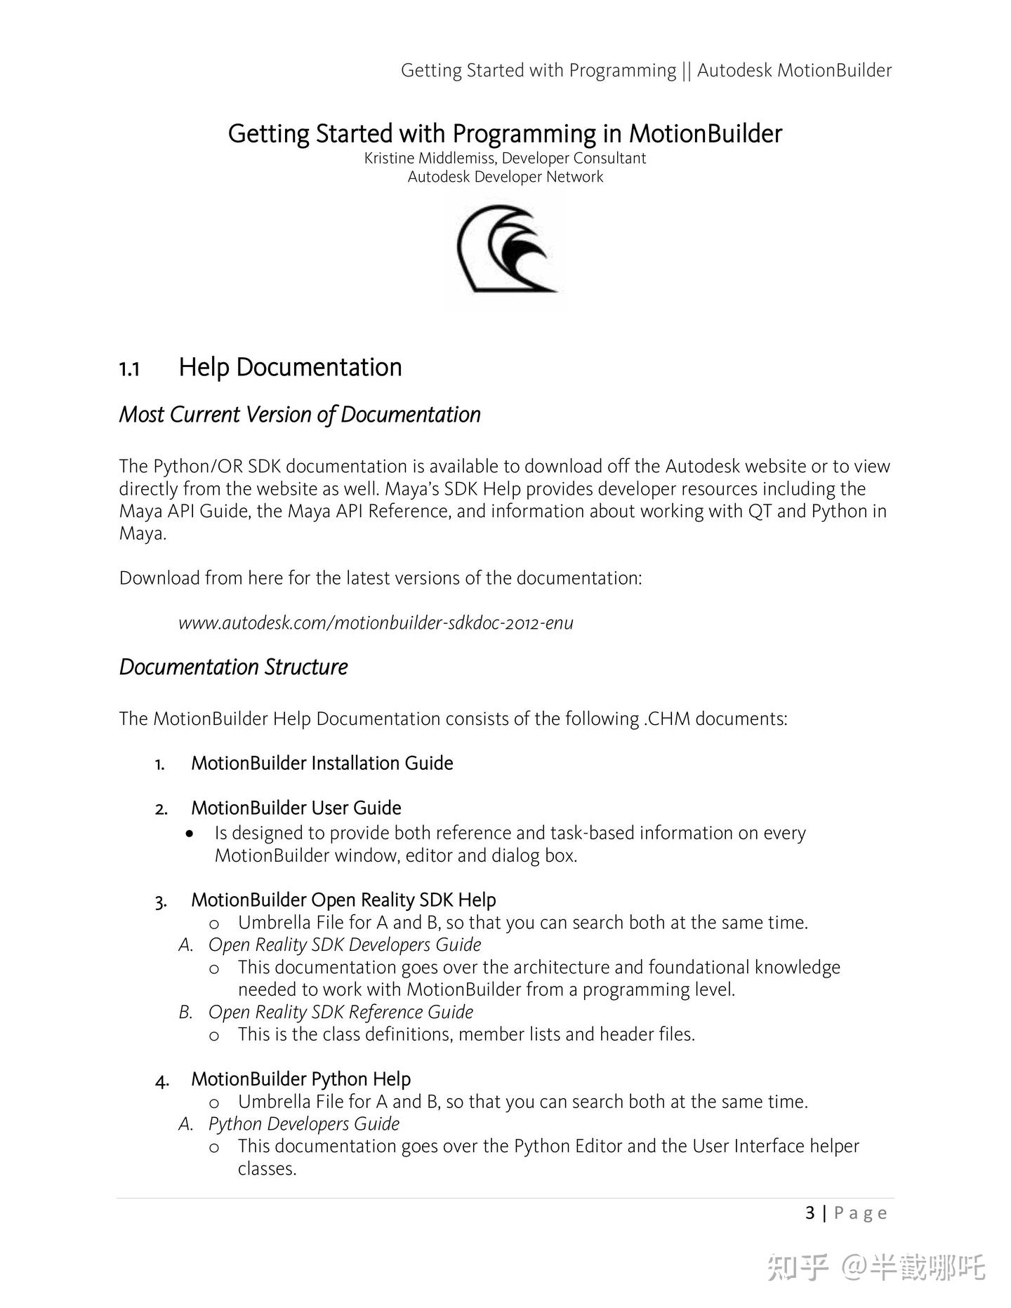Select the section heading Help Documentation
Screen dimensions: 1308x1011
coord(290,367)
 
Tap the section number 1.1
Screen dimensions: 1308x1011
coord(129,369)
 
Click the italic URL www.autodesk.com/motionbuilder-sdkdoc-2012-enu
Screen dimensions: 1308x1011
coord(376,622)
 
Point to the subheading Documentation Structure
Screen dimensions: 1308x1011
coord(233,667)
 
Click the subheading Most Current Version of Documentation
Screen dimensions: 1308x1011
coord(300,414)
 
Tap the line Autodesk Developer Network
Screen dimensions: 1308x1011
coord(505,177)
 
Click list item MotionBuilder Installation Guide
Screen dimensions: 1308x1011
coord(322,763)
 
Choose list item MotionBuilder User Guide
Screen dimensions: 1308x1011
coord(296,808)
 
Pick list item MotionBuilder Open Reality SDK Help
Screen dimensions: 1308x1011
coord(343,900)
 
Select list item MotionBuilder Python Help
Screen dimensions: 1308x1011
coord(300,1079)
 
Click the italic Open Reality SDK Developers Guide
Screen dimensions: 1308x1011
coord(345,945)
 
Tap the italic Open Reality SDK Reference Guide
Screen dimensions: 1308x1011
coord(341,1012)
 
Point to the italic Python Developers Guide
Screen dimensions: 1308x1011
coord(303,1123)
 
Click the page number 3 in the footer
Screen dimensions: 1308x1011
coord(810,1213)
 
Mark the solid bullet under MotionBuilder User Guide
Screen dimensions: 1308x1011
coord(190,834)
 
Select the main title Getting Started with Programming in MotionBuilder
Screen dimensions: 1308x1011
coord(505,133)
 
